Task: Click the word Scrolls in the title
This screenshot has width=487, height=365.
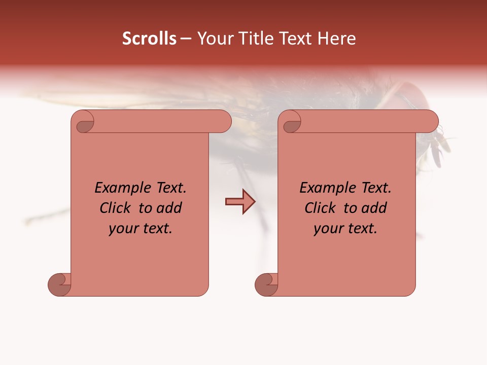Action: [x=149, y=39]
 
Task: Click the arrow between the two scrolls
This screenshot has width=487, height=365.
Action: [x=240, y=202]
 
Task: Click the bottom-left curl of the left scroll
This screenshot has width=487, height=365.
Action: [x=59, y=284]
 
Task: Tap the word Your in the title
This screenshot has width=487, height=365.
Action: [x=213, y=39]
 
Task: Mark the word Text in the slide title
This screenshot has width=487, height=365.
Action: [x=294, y=39]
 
